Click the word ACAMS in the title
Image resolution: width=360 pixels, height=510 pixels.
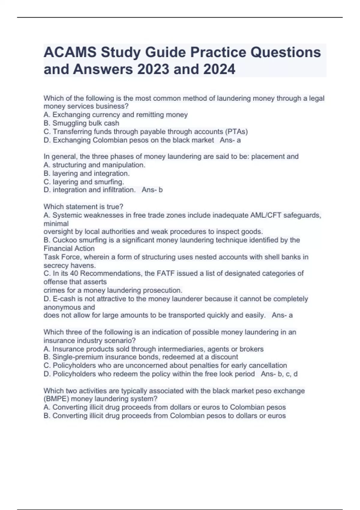70,52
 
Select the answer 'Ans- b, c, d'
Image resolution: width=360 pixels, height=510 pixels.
279,374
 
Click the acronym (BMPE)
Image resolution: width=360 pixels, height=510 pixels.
56,399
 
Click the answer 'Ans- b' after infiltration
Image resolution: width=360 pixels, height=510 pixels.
152,190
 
